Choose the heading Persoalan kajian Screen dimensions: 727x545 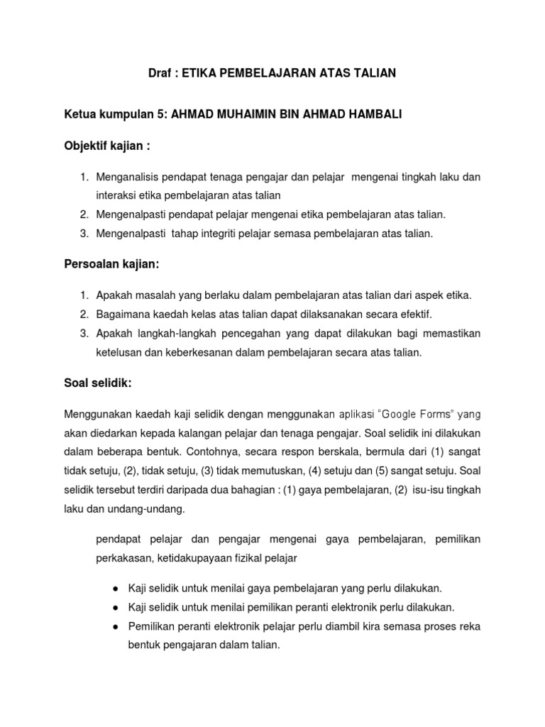[112, 264]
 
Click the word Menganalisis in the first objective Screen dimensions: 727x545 [128, 176]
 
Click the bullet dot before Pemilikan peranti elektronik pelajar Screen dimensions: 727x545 [116, 626]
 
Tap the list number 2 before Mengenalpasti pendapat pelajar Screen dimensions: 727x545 [83, 214]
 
